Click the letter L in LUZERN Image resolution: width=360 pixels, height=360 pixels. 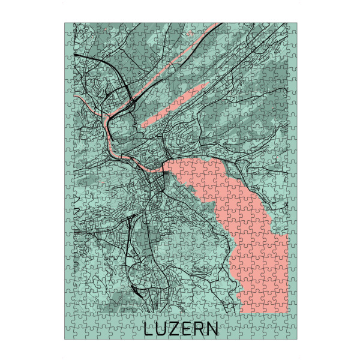tap(149, 329)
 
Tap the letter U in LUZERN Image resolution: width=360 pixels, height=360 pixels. tap(161, 329)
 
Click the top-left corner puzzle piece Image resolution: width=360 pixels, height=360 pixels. tap(70, 28)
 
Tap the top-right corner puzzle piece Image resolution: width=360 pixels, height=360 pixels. tap(292, 28)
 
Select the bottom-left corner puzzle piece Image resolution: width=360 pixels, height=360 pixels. tap(70, 334)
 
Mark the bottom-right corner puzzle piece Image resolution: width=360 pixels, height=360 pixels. tap(292, 334)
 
